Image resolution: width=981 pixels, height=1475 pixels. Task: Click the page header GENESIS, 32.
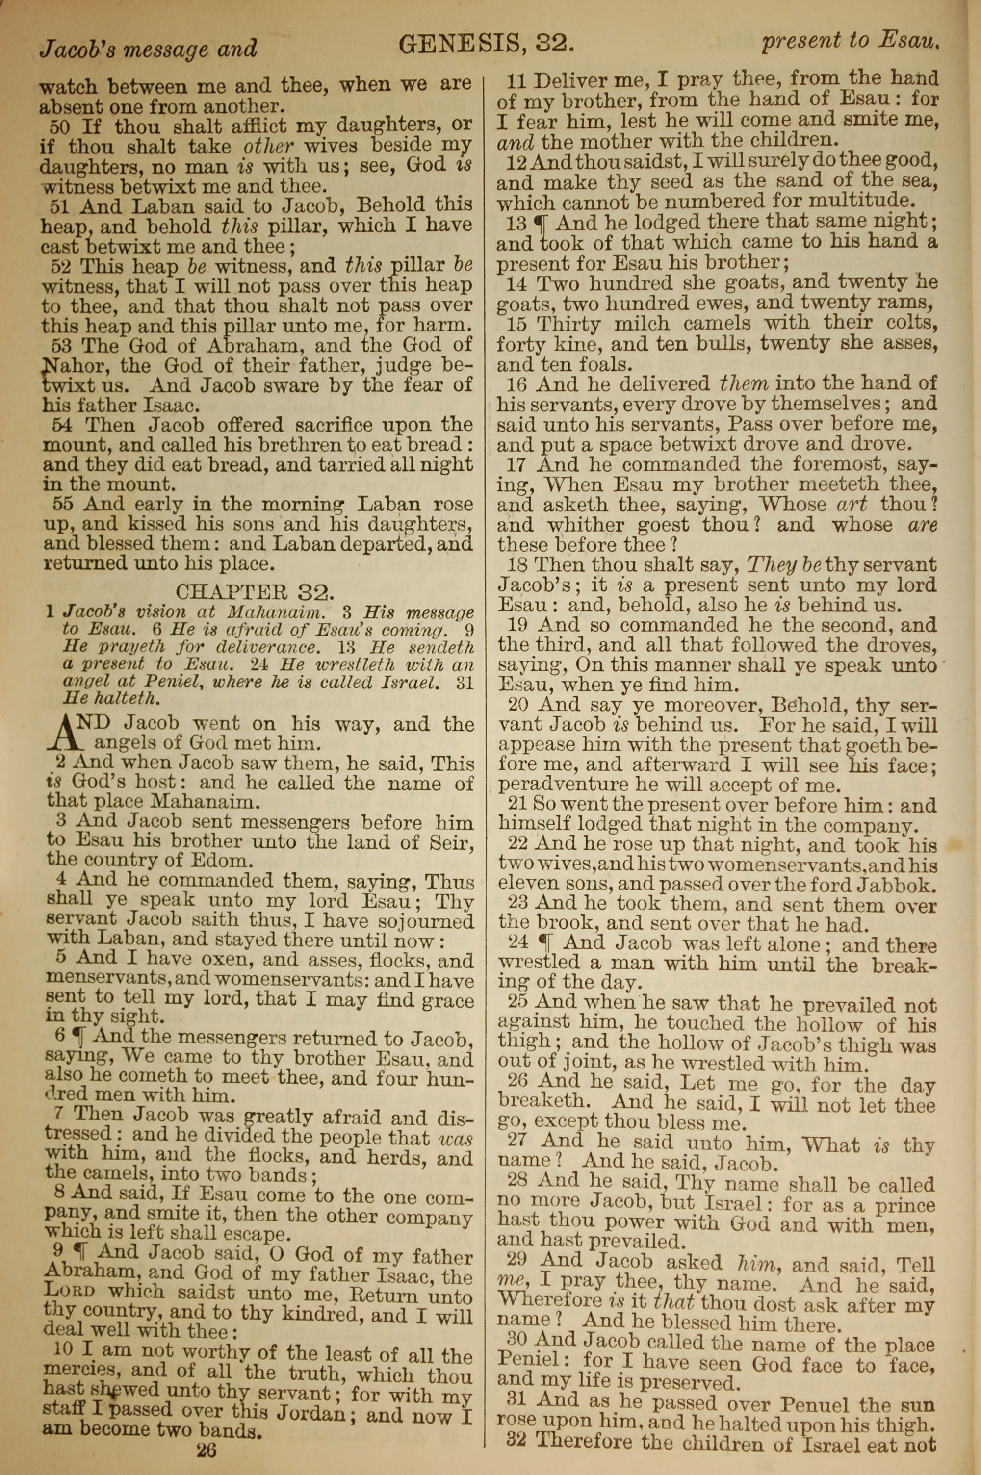point(486,43)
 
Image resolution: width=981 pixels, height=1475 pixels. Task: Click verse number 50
point(60,127)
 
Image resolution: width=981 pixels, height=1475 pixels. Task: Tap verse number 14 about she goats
point(516,284)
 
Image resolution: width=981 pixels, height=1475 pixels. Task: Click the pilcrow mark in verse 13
point(539,223)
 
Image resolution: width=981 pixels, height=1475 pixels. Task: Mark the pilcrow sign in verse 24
point(549,943)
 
